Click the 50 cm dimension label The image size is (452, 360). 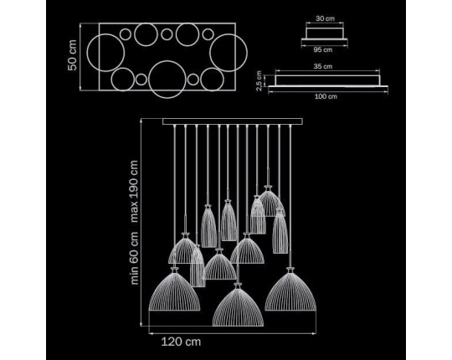(x=72, y=55)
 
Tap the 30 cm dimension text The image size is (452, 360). (x=325, y=18)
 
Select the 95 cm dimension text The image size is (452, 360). (x=323, y=50)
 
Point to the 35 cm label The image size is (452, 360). (x=323, y=67)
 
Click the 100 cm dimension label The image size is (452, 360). (x=326, y=96)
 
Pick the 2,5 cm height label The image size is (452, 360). (x=259, y=80)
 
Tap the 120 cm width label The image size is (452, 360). (x=181, y=342)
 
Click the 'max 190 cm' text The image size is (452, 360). (x=134, y=192)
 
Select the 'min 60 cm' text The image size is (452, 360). (x=134, y=258)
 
